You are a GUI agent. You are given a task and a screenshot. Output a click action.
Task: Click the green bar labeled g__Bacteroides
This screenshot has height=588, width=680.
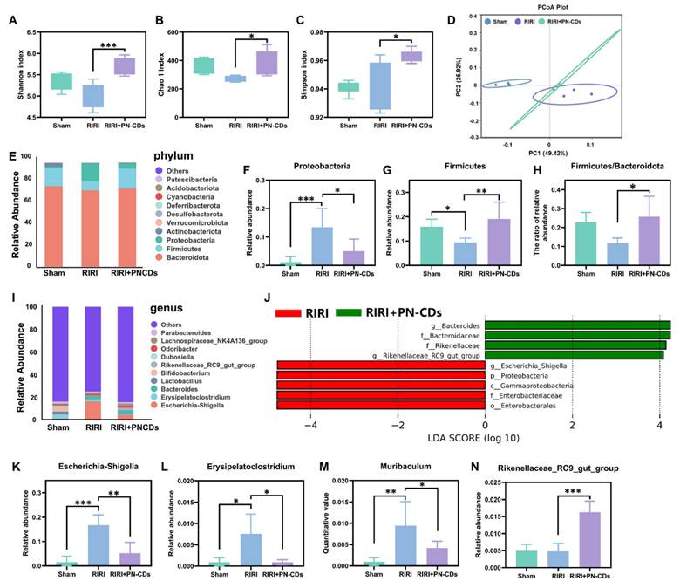point(577,326)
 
